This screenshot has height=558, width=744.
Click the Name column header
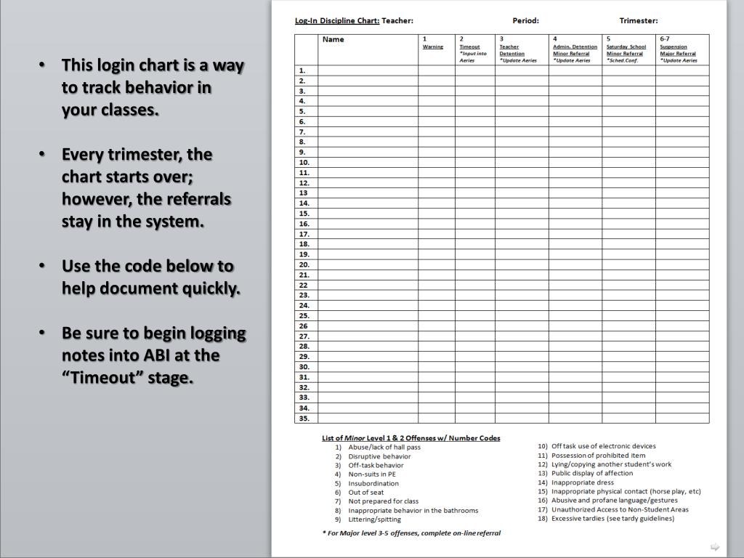coord(333,40)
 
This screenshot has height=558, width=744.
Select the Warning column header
coord(433,46)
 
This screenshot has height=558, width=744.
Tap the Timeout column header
coord(469,46)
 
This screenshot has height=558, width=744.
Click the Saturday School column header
coord(626,46)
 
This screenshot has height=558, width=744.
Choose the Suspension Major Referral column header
coord(677,50)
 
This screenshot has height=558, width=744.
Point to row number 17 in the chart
coord(304,234)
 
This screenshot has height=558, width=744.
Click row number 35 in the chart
coord(304,418)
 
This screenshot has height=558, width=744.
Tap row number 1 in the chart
coord(302,70)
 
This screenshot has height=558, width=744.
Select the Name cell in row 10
coord(368,163)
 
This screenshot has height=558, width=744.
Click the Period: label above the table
coord(525,20)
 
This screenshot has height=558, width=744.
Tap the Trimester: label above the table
coord(639,20)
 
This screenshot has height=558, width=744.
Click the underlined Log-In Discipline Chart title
coord(337,20)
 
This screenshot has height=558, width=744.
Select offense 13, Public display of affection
coord(592,473)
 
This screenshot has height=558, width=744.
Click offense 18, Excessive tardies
coord(612,518)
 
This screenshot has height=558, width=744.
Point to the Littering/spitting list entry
coord(374,519)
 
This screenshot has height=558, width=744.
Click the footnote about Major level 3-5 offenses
coord(411,533)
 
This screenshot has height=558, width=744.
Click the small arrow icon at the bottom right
coord(714,546)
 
